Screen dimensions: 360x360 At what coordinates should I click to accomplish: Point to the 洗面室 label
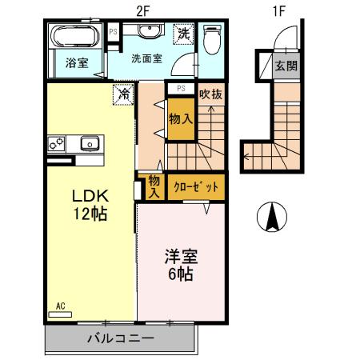point(146,58)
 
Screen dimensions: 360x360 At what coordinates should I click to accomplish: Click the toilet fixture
point(212,38)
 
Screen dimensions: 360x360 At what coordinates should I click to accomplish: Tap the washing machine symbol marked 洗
point(184,34)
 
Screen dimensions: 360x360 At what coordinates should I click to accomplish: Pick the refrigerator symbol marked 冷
point(125,94)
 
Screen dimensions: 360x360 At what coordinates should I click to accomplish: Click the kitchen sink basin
point(89,144)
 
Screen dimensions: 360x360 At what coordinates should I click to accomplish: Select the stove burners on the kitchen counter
point(56,144)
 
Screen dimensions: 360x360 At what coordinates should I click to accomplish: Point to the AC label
point(61,305)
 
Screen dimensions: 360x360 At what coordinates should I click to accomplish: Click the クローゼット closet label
point(196,186)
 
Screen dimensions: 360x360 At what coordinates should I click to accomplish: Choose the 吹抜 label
point(211,94)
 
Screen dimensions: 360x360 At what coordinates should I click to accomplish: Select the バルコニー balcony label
point(120,339)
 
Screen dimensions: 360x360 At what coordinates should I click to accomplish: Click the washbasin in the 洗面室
point(147,33)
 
